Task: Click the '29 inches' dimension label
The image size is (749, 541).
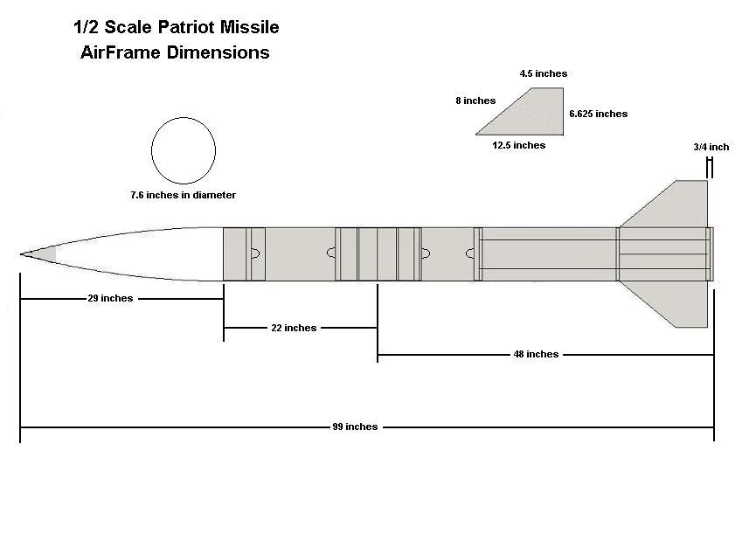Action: click(x=110, y=299)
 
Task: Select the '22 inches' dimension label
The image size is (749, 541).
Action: click(x=294, y=328)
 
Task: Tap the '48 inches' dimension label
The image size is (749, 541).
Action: click(x=535, y=354)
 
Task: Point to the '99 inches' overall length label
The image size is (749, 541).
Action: click(x=355, y=427)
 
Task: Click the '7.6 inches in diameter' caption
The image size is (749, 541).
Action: click(x=183, y=195)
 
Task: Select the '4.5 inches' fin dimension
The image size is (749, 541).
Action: click(x=543, y=74)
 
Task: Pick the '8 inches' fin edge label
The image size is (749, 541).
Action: click(x=475, y=101)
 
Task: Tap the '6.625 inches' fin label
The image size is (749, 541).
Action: click(x=598, y=114)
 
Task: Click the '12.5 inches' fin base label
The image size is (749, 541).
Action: click(x=519, y=145)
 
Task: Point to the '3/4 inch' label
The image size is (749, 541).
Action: click(x=711, y=148)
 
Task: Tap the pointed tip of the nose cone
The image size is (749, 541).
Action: click(x=22, y=255)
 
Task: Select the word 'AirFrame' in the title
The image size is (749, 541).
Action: click(x=118, y=52)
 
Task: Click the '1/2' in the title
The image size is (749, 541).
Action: click(x=87, y=27)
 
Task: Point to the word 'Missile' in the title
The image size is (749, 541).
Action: click(x=251, y=27)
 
